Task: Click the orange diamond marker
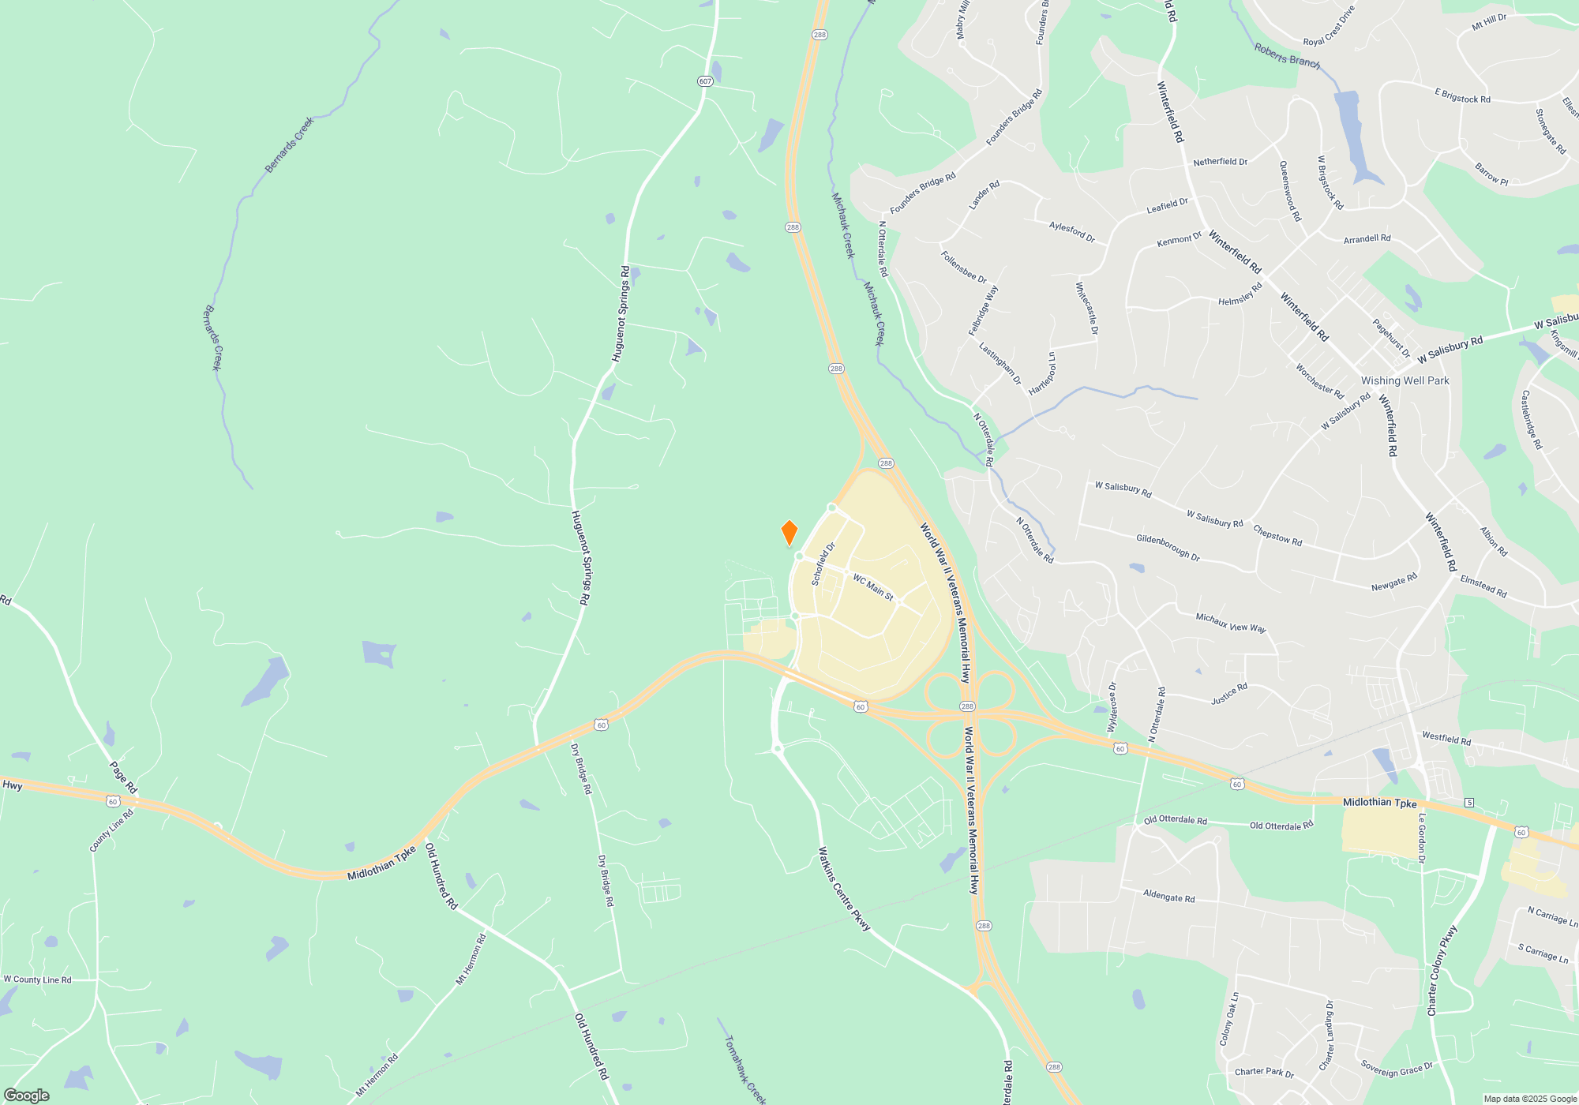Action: tap(789, 533)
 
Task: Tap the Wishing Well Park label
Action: tap(1405, 380)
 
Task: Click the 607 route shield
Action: tap(705, 81)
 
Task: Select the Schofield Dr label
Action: tap(823, 564)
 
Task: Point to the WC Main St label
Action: tap(872, 587)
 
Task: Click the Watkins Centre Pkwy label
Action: tap(843, 889)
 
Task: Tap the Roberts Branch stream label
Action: tap(1287, 56)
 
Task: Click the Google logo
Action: tap(27, 1096)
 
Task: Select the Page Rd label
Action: tap(123, 777)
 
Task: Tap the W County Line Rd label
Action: tap(37, 980)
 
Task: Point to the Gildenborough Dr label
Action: tap(1168, 547)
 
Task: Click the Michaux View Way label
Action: tap(1230, 623)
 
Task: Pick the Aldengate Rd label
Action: tap(1168, 897)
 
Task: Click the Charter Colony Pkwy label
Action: tap(1442, 971)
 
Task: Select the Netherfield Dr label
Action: tap(1220, 162)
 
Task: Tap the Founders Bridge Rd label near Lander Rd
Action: tap(922, 193)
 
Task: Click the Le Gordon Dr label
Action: tap(1422, 837)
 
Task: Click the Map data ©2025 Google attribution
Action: tap(1530, 1099)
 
